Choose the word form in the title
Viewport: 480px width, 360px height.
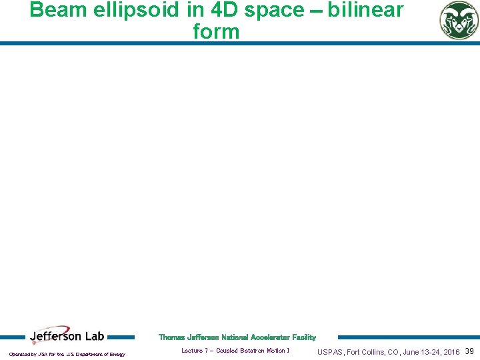click(x=215, y=31)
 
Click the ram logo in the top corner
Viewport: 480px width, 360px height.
click(x=459, y=20)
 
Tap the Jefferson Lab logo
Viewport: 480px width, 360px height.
click(x=67, y=337)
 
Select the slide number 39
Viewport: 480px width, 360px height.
click(x=469, y=351)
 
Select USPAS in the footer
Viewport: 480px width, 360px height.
click(x=330, y=352)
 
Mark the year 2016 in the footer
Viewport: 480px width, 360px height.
click(x=451, y=352)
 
